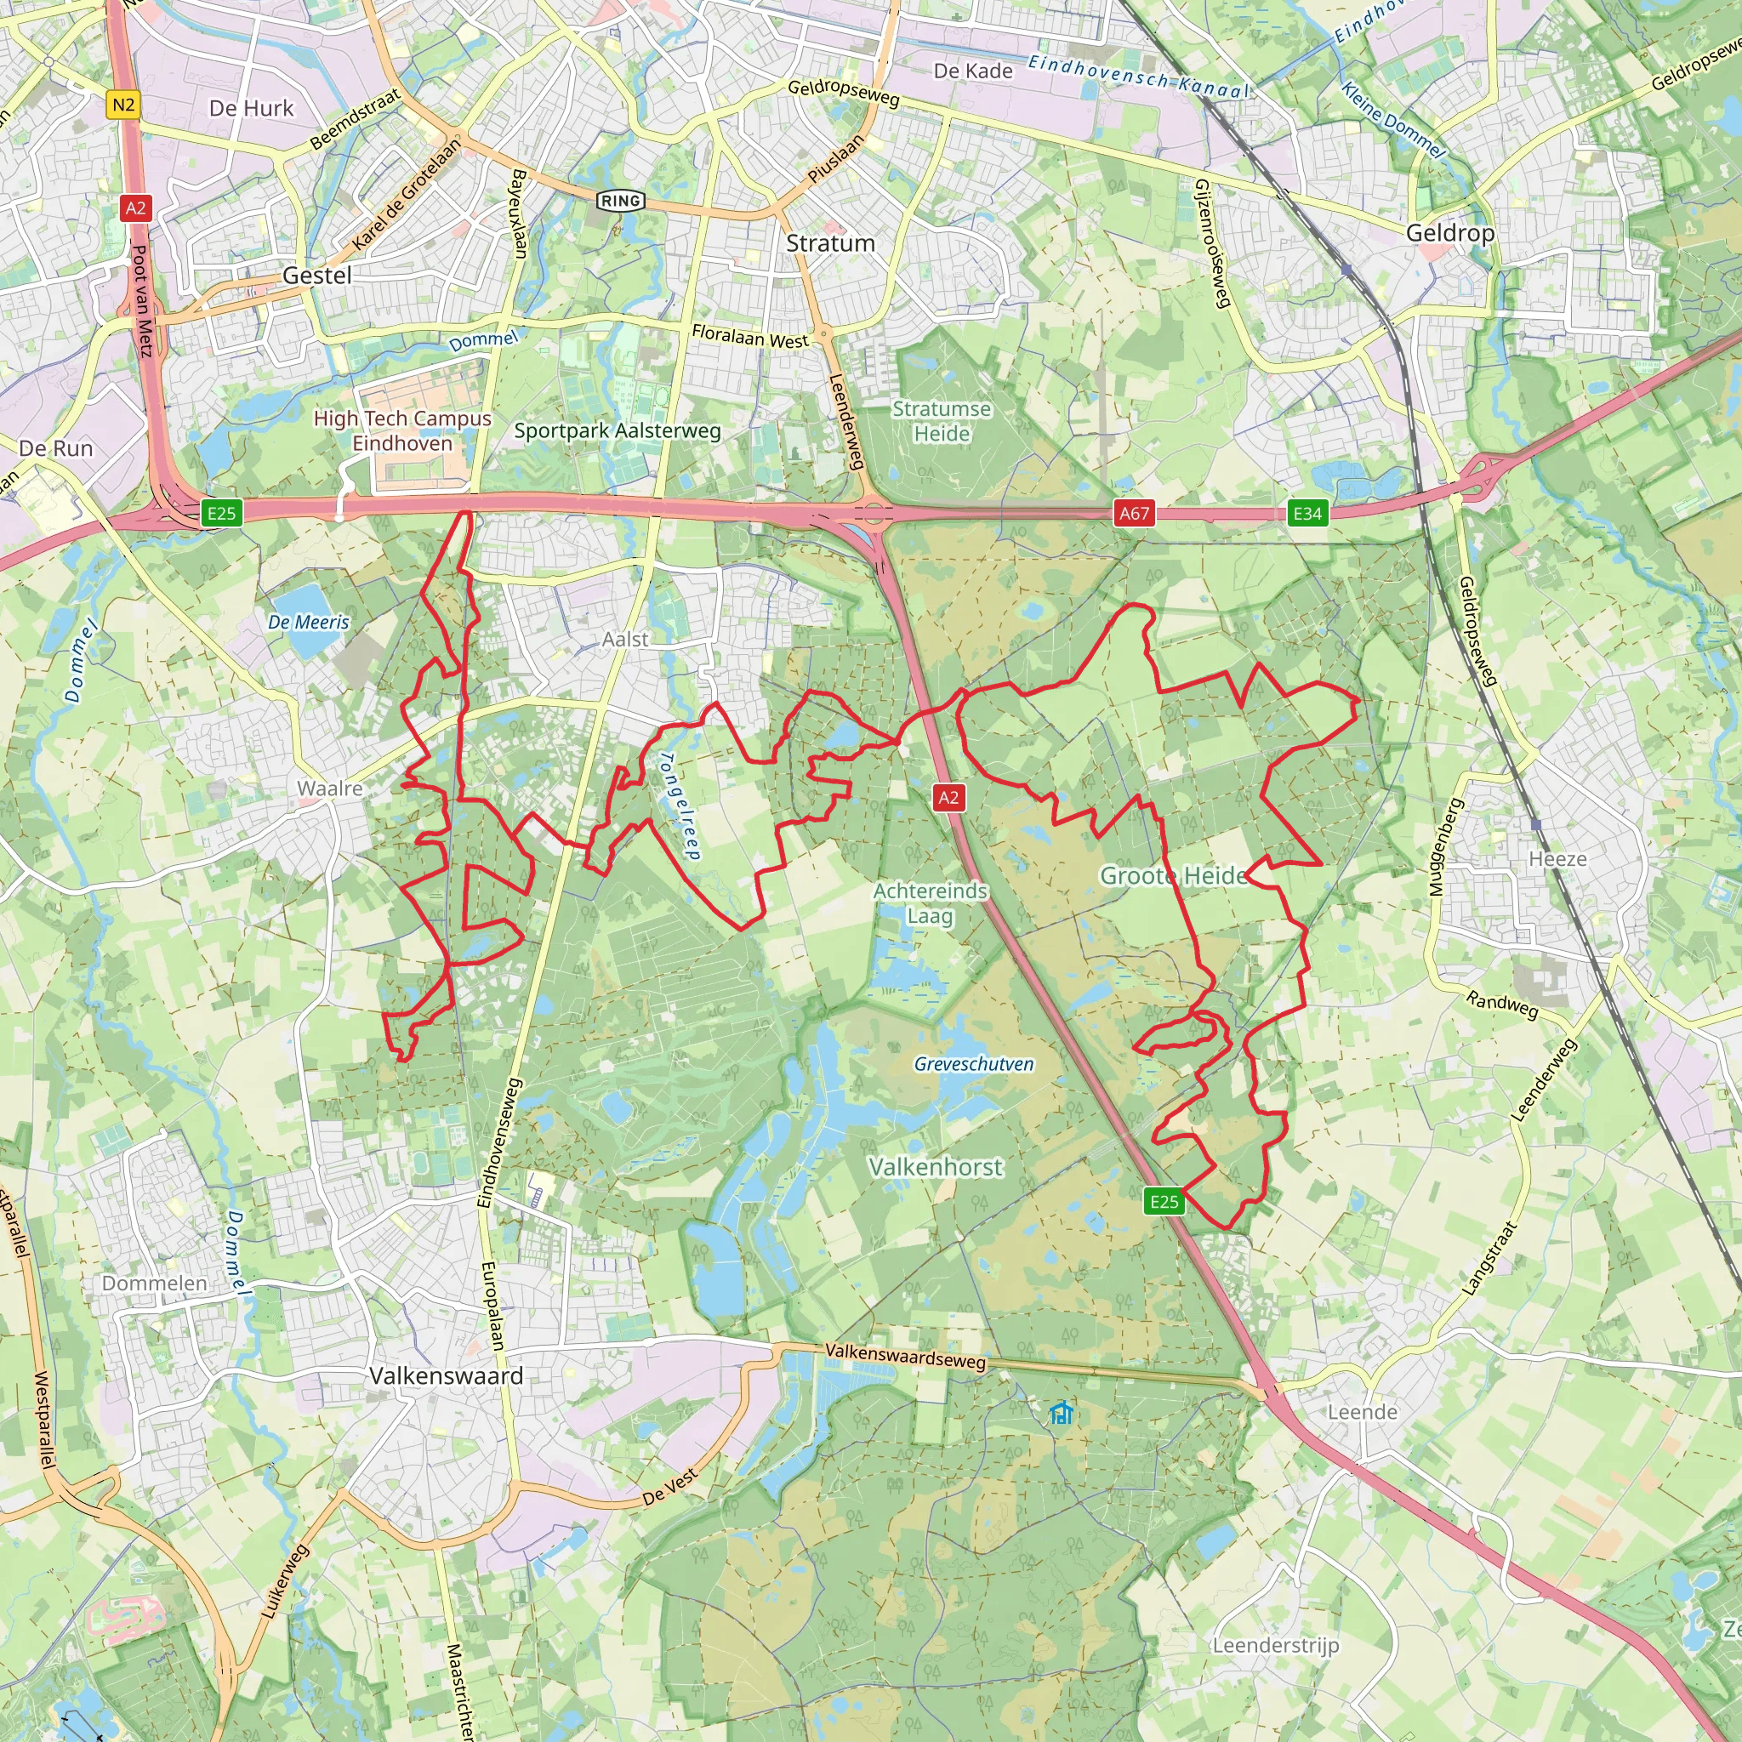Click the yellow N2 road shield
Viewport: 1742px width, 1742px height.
[123, 105]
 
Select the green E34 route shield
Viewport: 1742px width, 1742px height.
[1307, 513]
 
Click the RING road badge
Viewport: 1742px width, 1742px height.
[621, 200]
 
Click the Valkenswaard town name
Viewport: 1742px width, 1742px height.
[447, 1376]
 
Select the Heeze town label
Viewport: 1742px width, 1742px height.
[1557, 858]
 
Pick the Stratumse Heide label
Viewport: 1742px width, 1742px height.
[942, 421]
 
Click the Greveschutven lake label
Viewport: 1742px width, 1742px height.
[974, 1064]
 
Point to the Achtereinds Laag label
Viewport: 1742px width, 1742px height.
[931, 902]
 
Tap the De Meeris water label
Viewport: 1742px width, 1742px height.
[309, 622]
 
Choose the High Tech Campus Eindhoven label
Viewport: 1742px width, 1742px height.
[402, 430]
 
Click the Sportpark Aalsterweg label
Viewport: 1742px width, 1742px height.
[618, 431]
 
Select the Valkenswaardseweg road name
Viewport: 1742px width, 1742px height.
[905, 1355]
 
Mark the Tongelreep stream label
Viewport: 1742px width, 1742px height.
[680, 806]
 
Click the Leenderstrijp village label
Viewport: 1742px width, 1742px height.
[1275, 1645]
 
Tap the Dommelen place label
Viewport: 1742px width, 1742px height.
[154, 1283]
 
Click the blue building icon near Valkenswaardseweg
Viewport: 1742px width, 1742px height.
[1062, 1413]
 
